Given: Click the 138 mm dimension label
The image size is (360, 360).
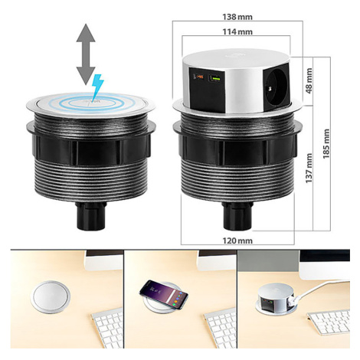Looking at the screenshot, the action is pyautogui.click(x=237, y=17).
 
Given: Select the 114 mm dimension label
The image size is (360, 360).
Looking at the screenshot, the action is pyautogui.click(x=237, y=32).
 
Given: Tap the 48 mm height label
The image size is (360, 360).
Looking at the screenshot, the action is pyautogui.click(x=309, y=80).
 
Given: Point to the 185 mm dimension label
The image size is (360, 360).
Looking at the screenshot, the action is pyautogui.click(x=326, y=144).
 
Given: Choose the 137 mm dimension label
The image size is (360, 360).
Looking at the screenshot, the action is pyautogui.click(x=309, y=168).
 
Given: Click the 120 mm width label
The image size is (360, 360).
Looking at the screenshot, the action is pyautogui.click(x=237, y=241).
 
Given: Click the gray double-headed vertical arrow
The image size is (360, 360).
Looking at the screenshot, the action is pyautogui.click(x=86, y=54).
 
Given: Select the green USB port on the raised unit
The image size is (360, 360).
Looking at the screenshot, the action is pyautogui.click(x=214, y=78).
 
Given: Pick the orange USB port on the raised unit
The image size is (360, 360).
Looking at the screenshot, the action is pyautogui.click(x=199, y=77).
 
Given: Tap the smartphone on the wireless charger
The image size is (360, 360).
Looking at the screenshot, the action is pyautogui.click(x=164, y=294).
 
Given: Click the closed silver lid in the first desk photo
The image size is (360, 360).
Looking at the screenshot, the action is pyautogui.click(x=51, y=296).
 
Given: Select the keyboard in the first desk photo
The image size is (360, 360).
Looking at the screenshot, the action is pyautogui.click(x=107, y=328).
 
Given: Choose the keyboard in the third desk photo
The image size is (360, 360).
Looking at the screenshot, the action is pyautogui.click(x=329, y=322).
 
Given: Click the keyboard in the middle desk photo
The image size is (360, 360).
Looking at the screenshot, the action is pyautogui.click(x=221, y=328).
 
